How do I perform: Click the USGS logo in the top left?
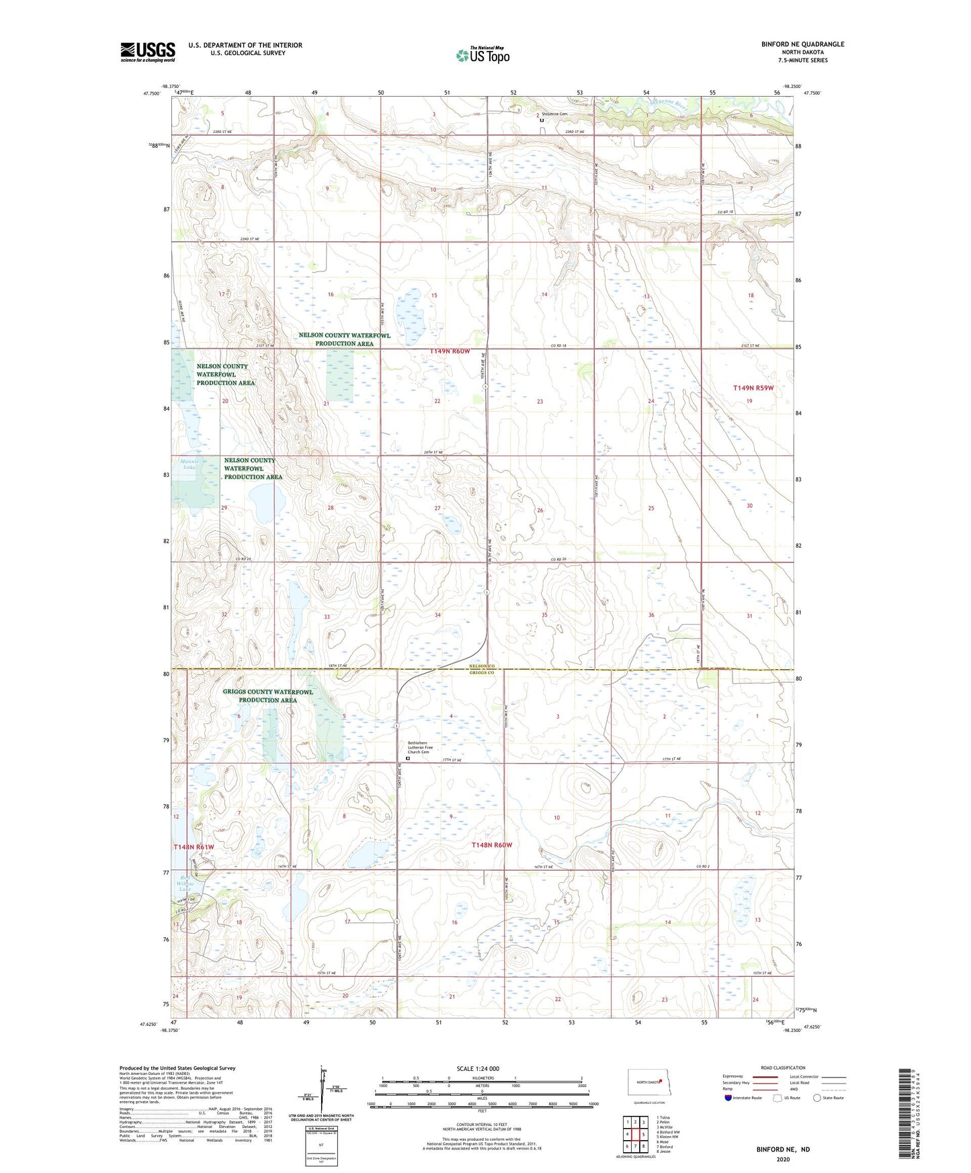pyautogui.click(x=148, y=52)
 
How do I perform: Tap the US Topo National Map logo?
pyautogui.click(x=482, y=54)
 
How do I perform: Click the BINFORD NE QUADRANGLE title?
pyautogui.click(x=802, y=44)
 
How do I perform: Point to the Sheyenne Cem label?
pyautogui.click(x=555, y=114)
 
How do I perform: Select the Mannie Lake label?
pyautogui.click(x=189, y=464)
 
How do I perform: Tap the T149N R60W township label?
pyautogui.click(x=450, y=351)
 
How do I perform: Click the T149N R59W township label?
pyautogui.click(x=753, y=388)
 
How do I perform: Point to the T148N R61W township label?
pyautogui.click(x=194, y=848)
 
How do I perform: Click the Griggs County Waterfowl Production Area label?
pyautogui.click(x=268, y=696)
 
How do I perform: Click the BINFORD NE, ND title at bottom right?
pyautogui.click(x=783, y=1149)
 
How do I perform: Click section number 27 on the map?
pyautogui.click(x=437, y=508)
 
